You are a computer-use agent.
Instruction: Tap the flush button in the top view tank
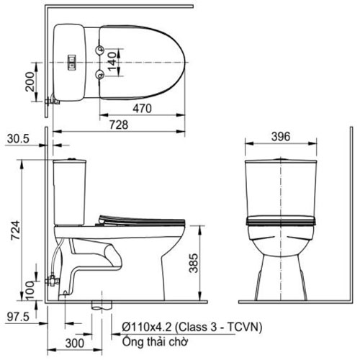[x=71, y=61]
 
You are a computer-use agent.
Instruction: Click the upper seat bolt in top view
[x=98, y=49]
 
